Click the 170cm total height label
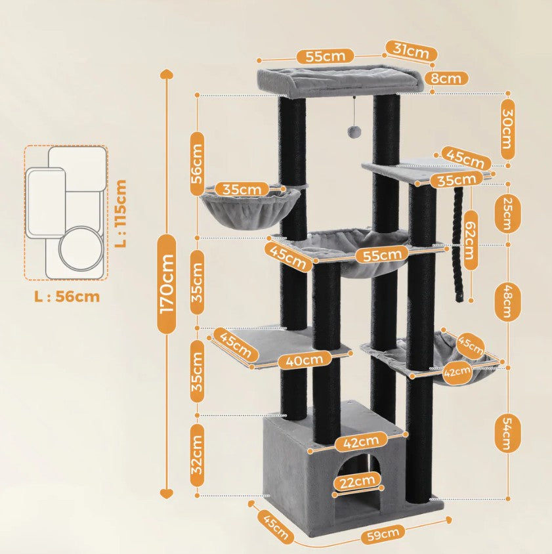tap(167, 284)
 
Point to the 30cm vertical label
tap(508, 129)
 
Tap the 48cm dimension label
tap(504, 301)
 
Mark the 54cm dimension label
tap(504, 434)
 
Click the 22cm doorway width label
tap(357, 483)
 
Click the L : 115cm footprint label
tap(120, 213)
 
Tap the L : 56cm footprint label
tap(67, 297)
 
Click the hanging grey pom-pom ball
tap(353, 132)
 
